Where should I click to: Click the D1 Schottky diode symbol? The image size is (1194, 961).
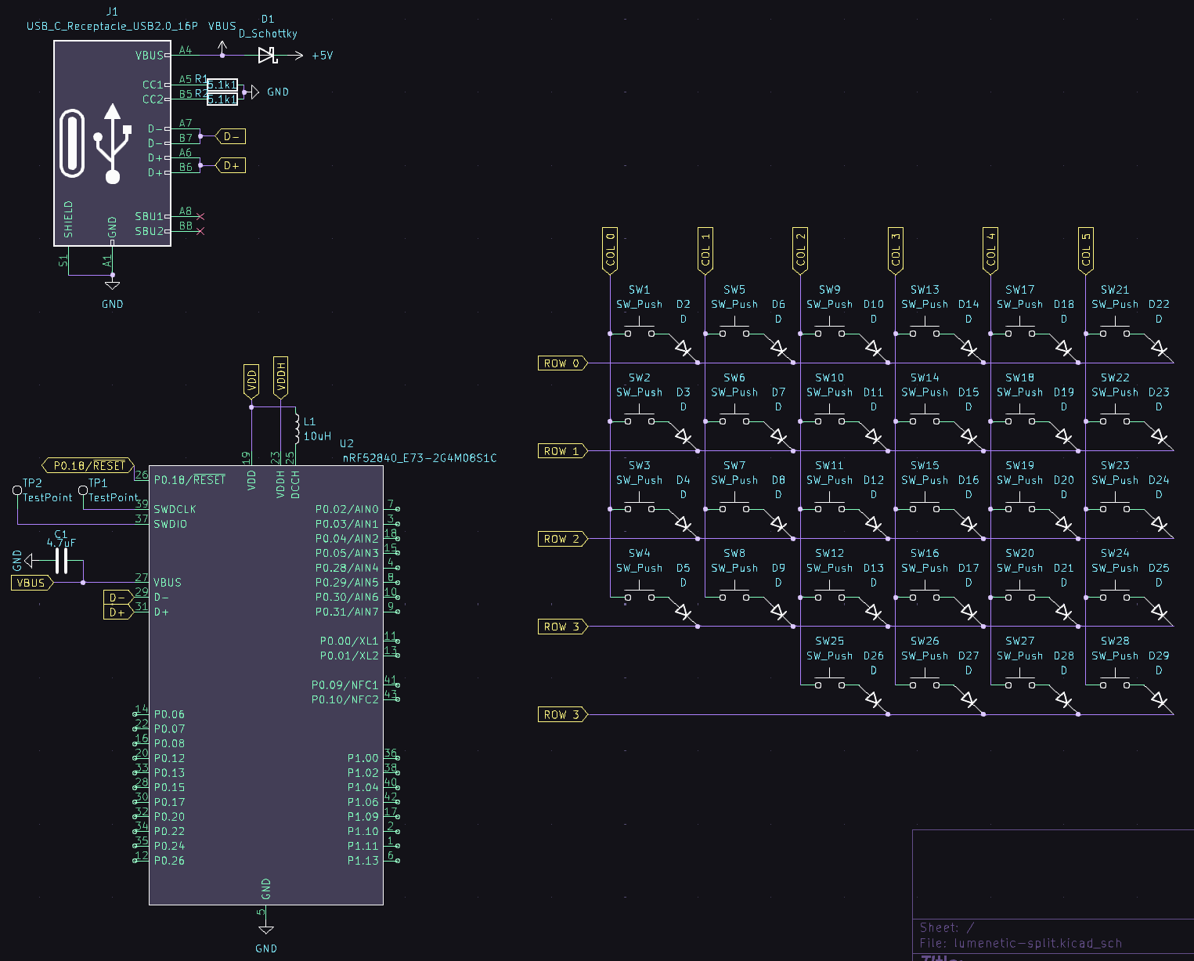point(268,56)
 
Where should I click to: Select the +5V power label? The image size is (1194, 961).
point(322,56)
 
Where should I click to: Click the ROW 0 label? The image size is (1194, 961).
point(561,363)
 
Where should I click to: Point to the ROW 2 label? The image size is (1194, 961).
point(561,539)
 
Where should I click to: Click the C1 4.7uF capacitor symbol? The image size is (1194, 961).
point(61,561)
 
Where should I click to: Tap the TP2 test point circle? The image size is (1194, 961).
point(17,490)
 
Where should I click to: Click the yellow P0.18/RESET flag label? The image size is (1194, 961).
point(88,466)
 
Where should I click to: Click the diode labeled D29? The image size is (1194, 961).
point(1160,699)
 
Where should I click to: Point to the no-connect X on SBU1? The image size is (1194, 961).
point(200,217)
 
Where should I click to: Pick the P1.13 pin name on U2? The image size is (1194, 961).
point(363,861)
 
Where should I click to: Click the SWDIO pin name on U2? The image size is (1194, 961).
point(170,524)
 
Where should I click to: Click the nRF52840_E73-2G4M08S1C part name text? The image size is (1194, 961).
point(420,458)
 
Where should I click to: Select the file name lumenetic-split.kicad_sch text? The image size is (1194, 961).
point(1037,943)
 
